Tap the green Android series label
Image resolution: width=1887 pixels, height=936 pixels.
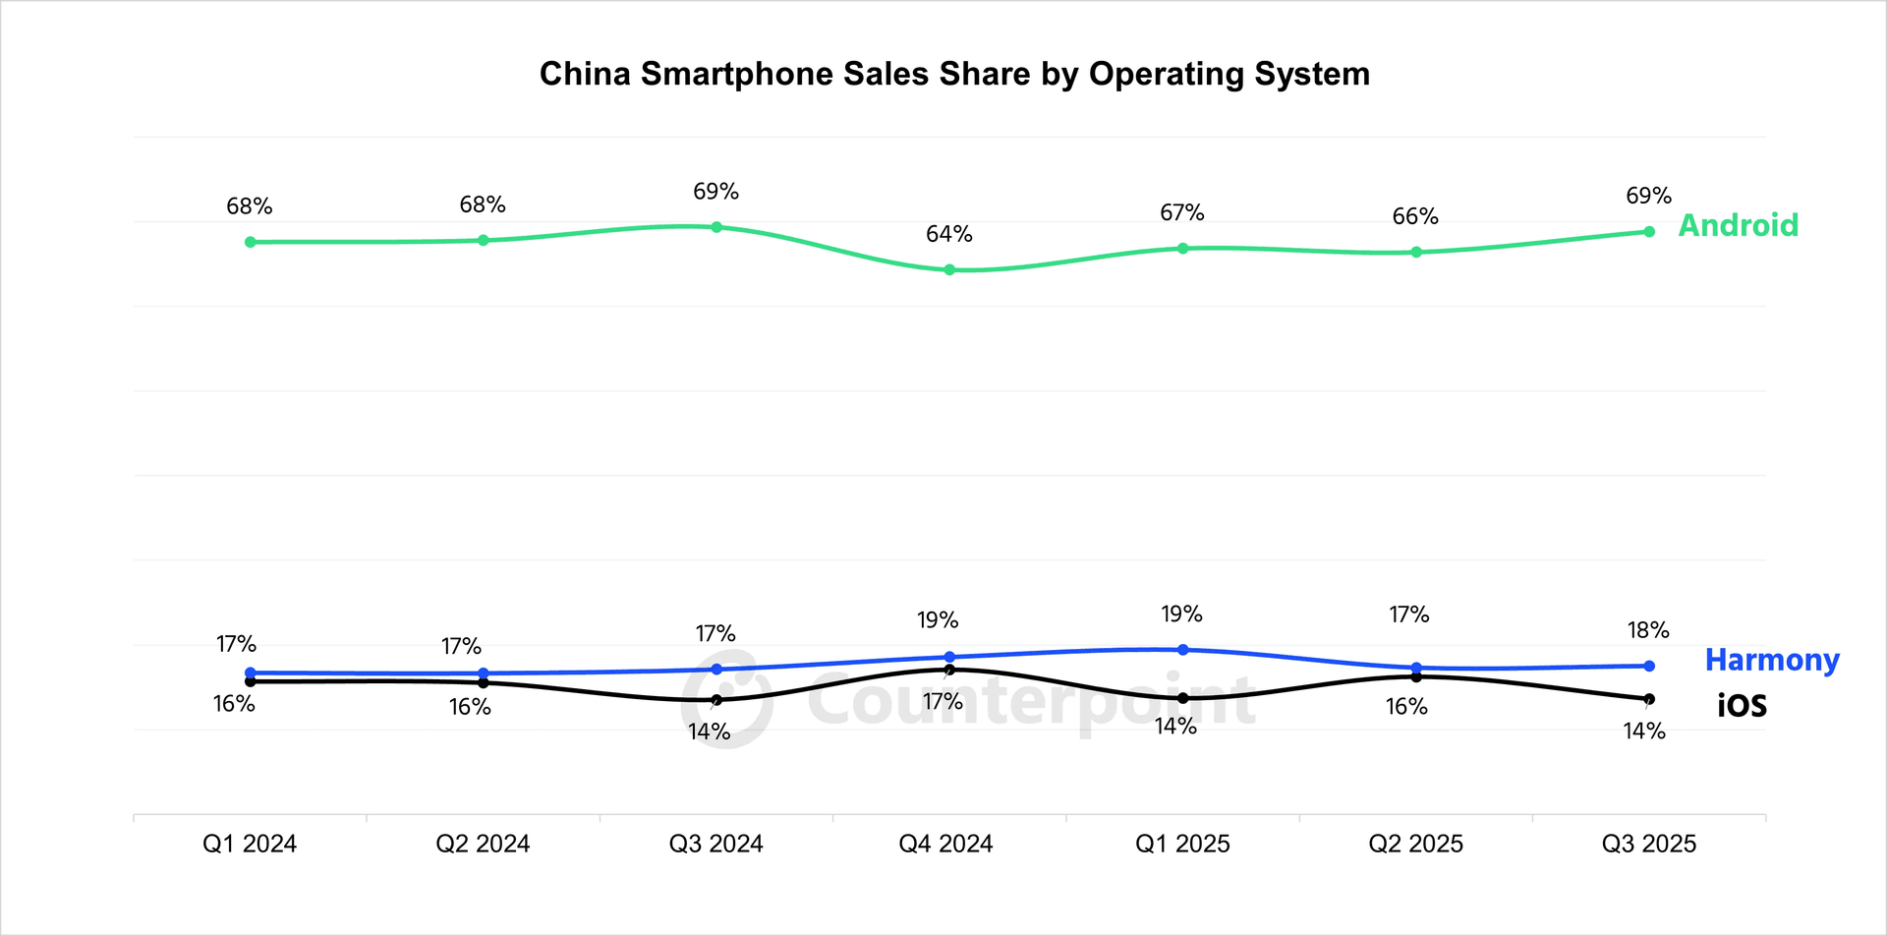(1738, 225)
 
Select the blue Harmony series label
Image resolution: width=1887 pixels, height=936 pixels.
(1771, 660)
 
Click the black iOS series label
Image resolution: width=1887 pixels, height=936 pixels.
(1742, 706)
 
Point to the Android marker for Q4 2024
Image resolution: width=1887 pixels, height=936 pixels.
(949, 269)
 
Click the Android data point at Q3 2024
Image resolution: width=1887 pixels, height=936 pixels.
(716, 227)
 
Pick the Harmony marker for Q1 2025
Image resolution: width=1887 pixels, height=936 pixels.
(1182, 650)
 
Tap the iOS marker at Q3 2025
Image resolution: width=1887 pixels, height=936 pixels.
(1649, 699)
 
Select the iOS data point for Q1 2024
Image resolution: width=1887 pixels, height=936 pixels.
(251, 681)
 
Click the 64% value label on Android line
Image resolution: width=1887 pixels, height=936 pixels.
(948, 234)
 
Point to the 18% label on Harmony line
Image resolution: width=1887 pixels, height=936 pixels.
(1648, 630)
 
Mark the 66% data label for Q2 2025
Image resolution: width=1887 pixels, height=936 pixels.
(1415, 216)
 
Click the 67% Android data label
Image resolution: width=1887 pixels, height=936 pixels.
(1181, 212)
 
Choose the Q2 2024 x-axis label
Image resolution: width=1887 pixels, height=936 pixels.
(483, 844)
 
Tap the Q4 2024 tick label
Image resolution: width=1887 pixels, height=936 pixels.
(945, 844)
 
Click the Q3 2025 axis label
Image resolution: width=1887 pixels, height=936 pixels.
(1648, 844)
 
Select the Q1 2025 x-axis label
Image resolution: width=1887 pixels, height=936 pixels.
(1182, 844)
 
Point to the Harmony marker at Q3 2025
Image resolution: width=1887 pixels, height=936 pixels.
(1649, 666)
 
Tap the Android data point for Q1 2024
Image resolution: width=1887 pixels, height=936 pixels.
(251, 242)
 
